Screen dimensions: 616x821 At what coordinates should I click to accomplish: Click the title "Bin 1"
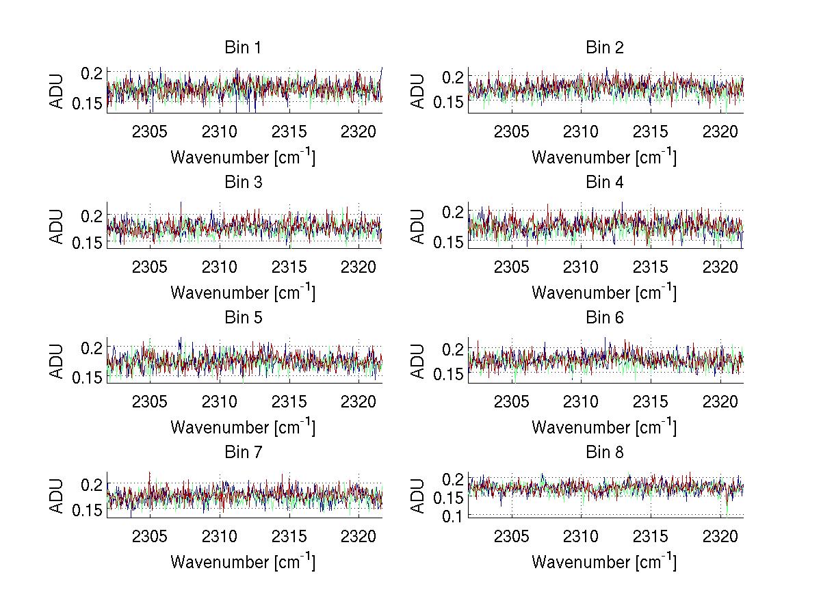(x=243, y=48)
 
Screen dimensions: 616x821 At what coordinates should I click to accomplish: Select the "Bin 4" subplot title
(x=605, y=183)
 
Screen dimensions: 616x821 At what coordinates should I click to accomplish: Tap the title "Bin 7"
(x=243, y=453)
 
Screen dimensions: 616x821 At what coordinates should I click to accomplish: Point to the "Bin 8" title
(x=605, y=453)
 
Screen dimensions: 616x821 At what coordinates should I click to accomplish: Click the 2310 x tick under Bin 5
(x=220, y=402)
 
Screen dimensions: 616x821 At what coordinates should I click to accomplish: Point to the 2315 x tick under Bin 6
(x=650, y=402)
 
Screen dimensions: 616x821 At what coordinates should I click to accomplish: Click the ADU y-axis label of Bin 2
(x=419, y=91)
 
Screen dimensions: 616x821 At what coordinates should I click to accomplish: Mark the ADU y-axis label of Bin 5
(x=57, y=361)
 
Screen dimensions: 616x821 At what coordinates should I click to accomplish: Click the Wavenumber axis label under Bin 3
(x=243, y=292)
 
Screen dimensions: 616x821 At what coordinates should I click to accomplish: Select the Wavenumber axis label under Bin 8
(x=605, y=561)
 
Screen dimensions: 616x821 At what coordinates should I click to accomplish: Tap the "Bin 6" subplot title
(x=605, y=318)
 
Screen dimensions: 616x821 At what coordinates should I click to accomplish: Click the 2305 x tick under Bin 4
(x=511, y=267)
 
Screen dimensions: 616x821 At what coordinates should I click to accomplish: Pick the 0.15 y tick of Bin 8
(x=446, y=498)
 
